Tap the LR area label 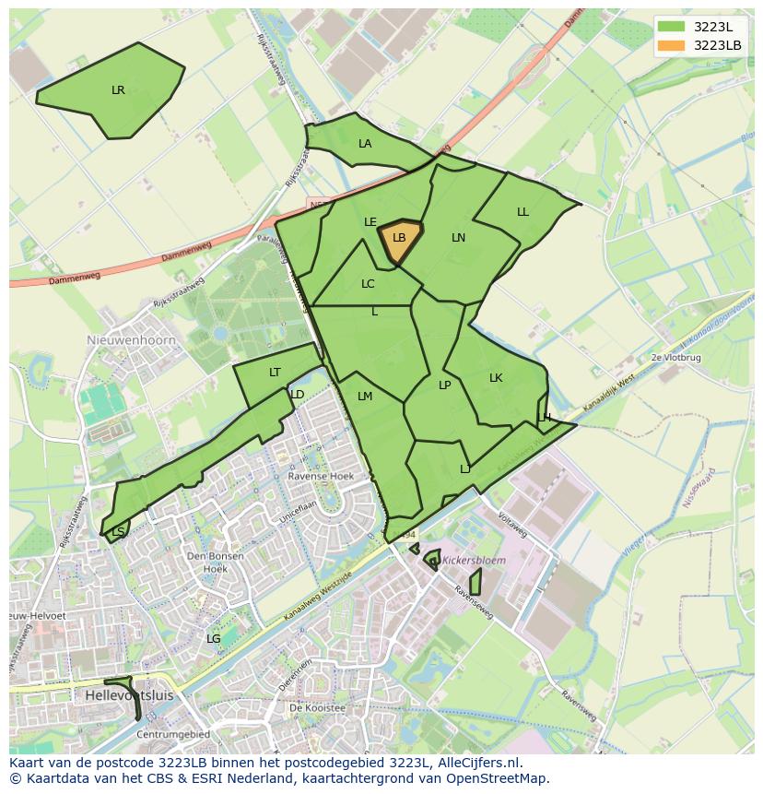pyautogui.click(x=118, y=90)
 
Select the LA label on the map pyautogui.click(x=365, y=144)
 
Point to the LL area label pyautogui.click(x=522, y=212)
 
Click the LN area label pyautogui.click(x=458, y=238)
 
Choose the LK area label pyautogui.click(x=496, y=378)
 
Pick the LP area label pyautogui.click(x=444, y=385)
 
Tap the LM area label pyautogui.click(x=365, y=397)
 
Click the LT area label pyautogui.click(x=275, y=373)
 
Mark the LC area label pyautogui.click(x=368, y=284)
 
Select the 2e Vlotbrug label pyautogui.click(x=675, y=357)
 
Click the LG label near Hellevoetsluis pyautogui.click(x=213, y=638)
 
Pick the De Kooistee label pyautogui.click(x=316, y=708)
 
